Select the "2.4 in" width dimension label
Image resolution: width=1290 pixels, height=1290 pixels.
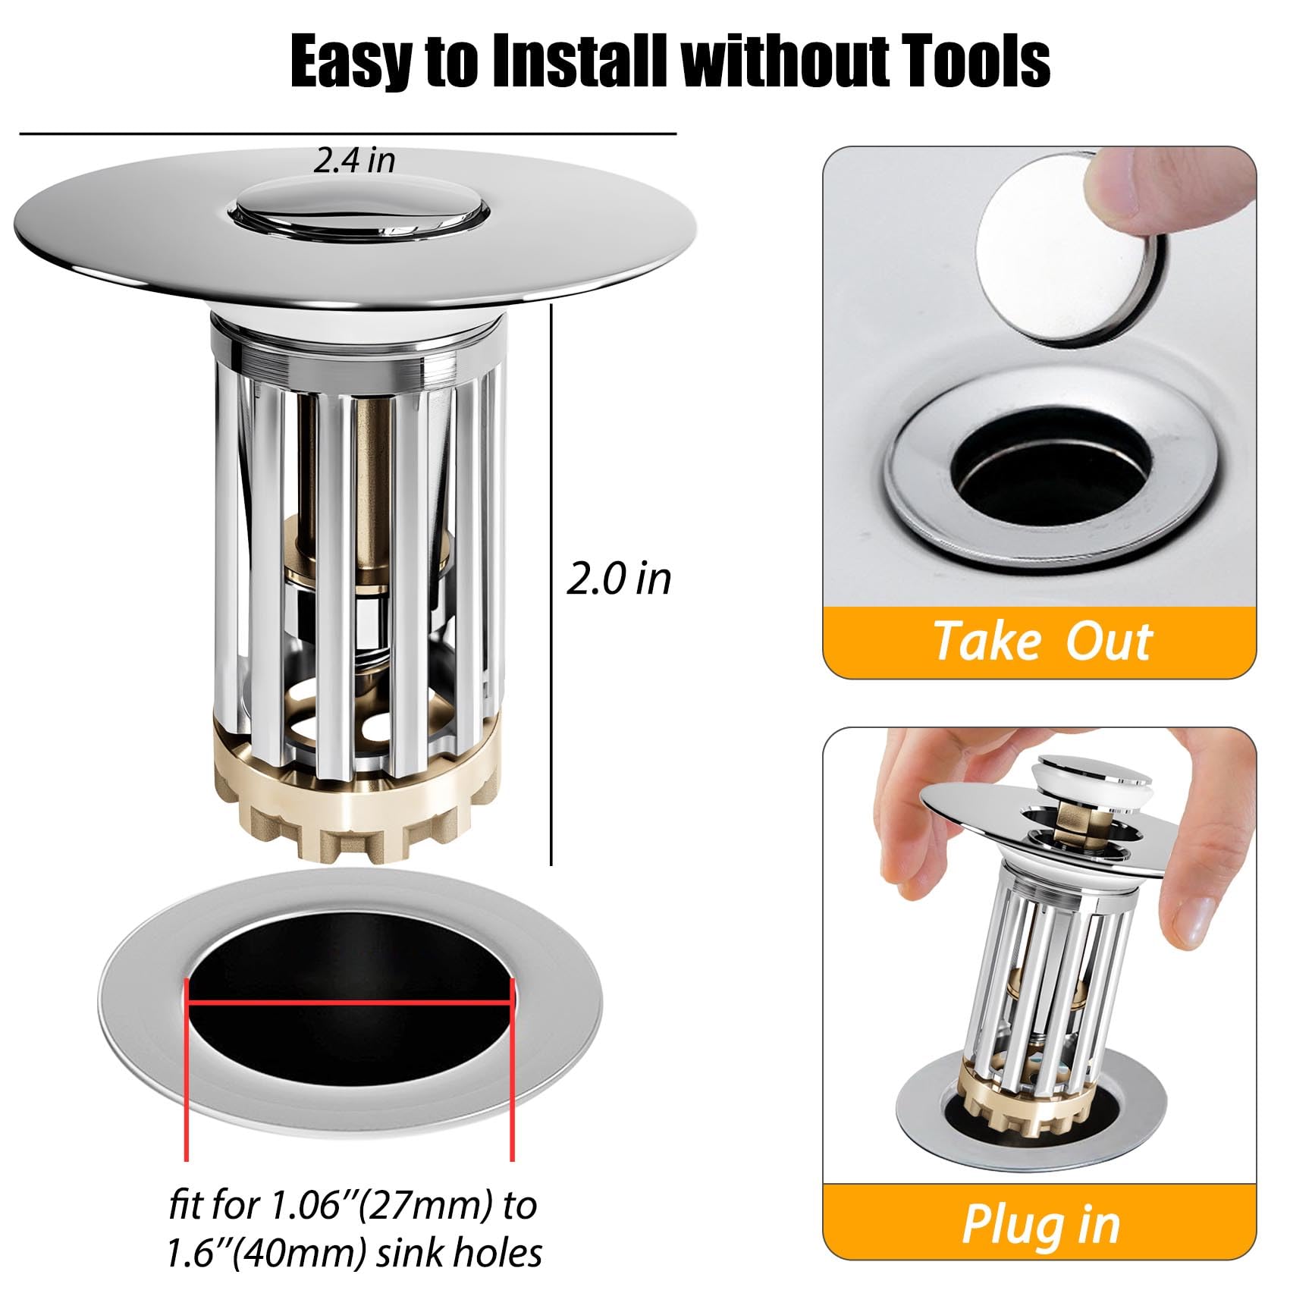tap(355, 161)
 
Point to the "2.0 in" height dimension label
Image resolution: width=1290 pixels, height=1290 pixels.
tap(619, 579)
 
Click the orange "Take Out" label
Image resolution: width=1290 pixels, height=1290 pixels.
tap(1043, 642)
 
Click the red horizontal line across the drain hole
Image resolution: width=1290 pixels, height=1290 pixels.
tap(350, 1002)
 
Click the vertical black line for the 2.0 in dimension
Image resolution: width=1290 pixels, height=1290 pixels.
tap(551, 585)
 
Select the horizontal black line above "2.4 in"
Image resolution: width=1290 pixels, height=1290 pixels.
tap(348, 134)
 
